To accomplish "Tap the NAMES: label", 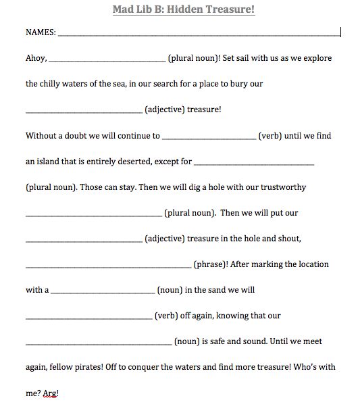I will click(x=41, y=32).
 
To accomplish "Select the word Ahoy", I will click(x=36, y=58).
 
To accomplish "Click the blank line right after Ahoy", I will click(x=107, y=61).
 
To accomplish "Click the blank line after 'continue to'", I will click(x=209, y=138).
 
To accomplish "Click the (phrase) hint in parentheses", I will click(x=210, y=264).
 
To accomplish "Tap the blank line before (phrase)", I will click(x=108, y=266).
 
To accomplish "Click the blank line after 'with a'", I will click(x=103, y=292).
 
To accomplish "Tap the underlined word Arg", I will click(x=49, y=393).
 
